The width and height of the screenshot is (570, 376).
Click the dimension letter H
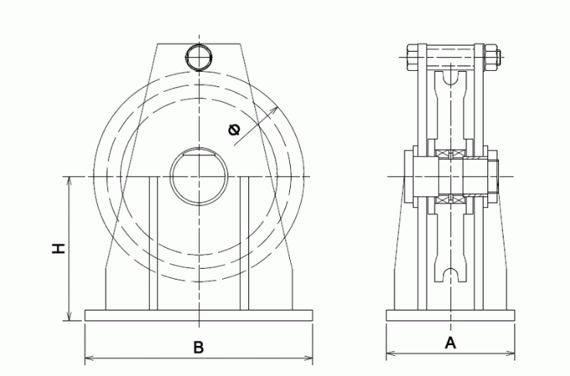(x=56, y=249)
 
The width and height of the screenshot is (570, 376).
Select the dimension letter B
(x=199, y=347)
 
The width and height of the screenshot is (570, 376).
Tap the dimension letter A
(x=449, y=342)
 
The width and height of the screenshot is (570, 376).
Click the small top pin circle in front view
(x=199, y=57)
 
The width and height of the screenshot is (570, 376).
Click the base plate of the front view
(x=199, y=316)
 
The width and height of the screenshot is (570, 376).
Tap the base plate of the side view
(x=449, y=316)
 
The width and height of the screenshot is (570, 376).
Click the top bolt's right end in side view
(x=495, y=58)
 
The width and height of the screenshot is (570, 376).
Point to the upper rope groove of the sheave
(x=451, y=80)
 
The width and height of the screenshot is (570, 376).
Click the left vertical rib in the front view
(x=153, y=243)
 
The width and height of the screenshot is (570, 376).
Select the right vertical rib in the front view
(x=245, y=243)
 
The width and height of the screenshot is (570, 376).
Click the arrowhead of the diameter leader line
(x=279, y=111)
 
